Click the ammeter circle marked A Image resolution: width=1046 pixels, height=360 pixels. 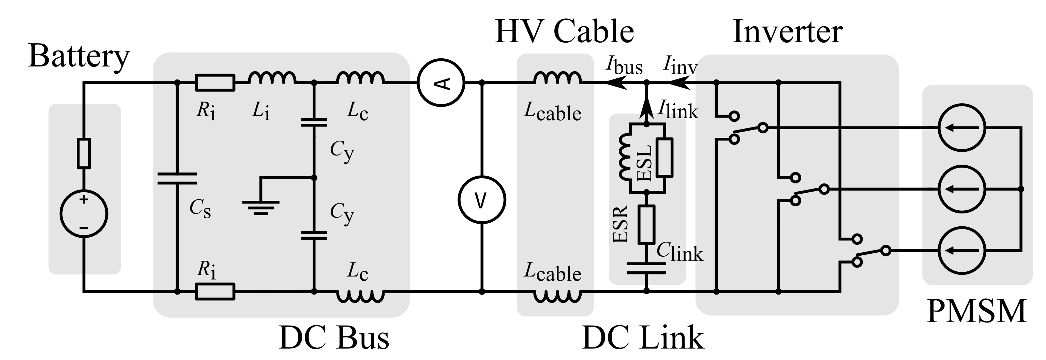click(441, 82)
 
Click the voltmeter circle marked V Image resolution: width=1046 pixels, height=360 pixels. click(482, 200)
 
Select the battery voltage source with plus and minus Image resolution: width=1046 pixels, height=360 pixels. click(84, 214)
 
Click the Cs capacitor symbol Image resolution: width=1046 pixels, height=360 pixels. click(177, 179)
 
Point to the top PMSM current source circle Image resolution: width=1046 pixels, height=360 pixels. click(961, 128)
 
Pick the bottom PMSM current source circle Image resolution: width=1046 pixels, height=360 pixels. click(961, 251)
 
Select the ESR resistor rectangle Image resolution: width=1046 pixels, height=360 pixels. click(646, 224)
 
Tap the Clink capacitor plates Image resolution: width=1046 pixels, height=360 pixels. click(646, 268)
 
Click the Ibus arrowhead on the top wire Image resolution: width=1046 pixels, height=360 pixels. click(614, 83)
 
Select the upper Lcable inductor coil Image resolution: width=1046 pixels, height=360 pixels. click(557, 78)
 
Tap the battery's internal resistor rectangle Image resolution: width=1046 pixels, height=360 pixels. click(84, 153)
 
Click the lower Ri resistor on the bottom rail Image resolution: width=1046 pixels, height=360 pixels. click(215, 291)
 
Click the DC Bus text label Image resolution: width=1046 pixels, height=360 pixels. click(334, 338)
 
